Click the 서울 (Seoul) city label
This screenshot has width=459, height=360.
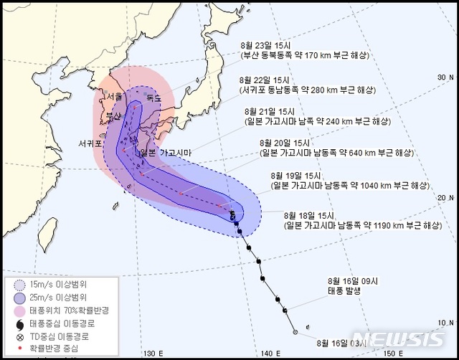[116, 96]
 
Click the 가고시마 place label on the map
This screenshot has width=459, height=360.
[175, 153]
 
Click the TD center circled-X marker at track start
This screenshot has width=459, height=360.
[295, 332]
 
